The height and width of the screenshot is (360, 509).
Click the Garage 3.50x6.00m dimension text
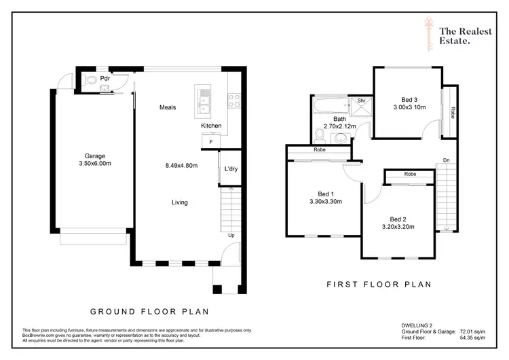(x=94, y=164)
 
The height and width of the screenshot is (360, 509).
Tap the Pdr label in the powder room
(x=105, y=79)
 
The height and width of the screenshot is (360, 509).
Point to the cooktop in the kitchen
(x=234, y=101)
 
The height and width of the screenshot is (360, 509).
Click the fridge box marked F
(x=210, y=141)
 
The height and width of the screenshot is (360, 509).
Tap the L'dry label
(x=231, y=168)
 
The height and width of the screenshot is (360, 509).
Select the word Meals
(x=168, y=107)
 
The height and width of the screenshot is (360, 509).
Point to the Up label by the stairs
(x=231, y=236)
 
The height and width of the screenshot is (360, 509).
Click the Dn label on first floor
(x=445, y=160)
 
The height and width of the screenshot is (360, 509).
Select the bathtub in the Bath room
(x=329, y=105)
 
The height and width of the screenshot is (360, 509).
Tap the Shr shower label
(x=362, y=101)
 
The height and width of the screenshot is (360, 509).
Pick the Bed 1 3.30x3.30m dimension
(x=324, y=201)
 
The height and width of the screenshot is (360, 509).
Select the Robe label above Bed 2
(x=410, y=175)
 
